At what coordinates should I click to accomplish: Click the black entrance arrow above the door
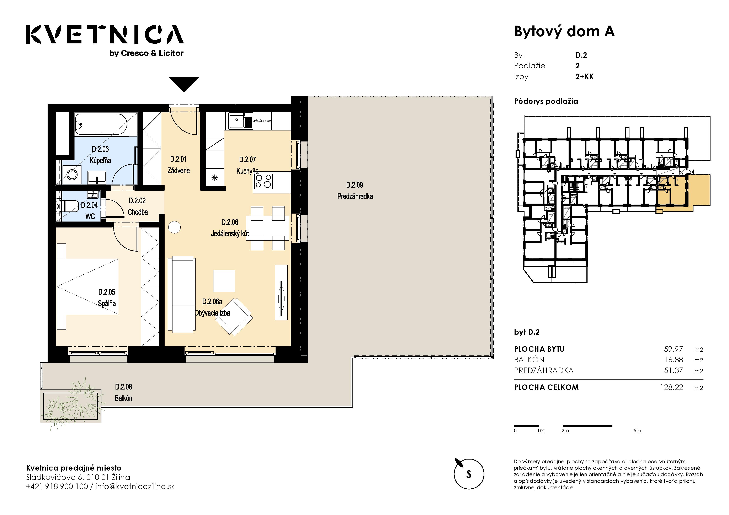(184, 84)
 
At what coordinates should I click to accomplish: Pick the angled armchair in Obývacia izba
(234, 317)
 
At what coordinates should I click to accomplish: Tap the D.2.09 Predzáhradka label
(355, 190)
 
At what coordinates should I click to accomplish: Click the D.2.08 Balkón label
(123, 392)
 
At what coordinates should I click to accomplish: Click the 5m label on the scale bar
(637, 431)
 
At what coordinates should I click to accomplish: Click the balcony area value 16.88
(674, 360)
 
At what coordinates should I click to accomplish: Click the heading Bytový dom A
(564, 32)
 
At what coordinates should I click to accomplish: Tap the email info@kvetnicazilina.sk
(135, 487)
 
